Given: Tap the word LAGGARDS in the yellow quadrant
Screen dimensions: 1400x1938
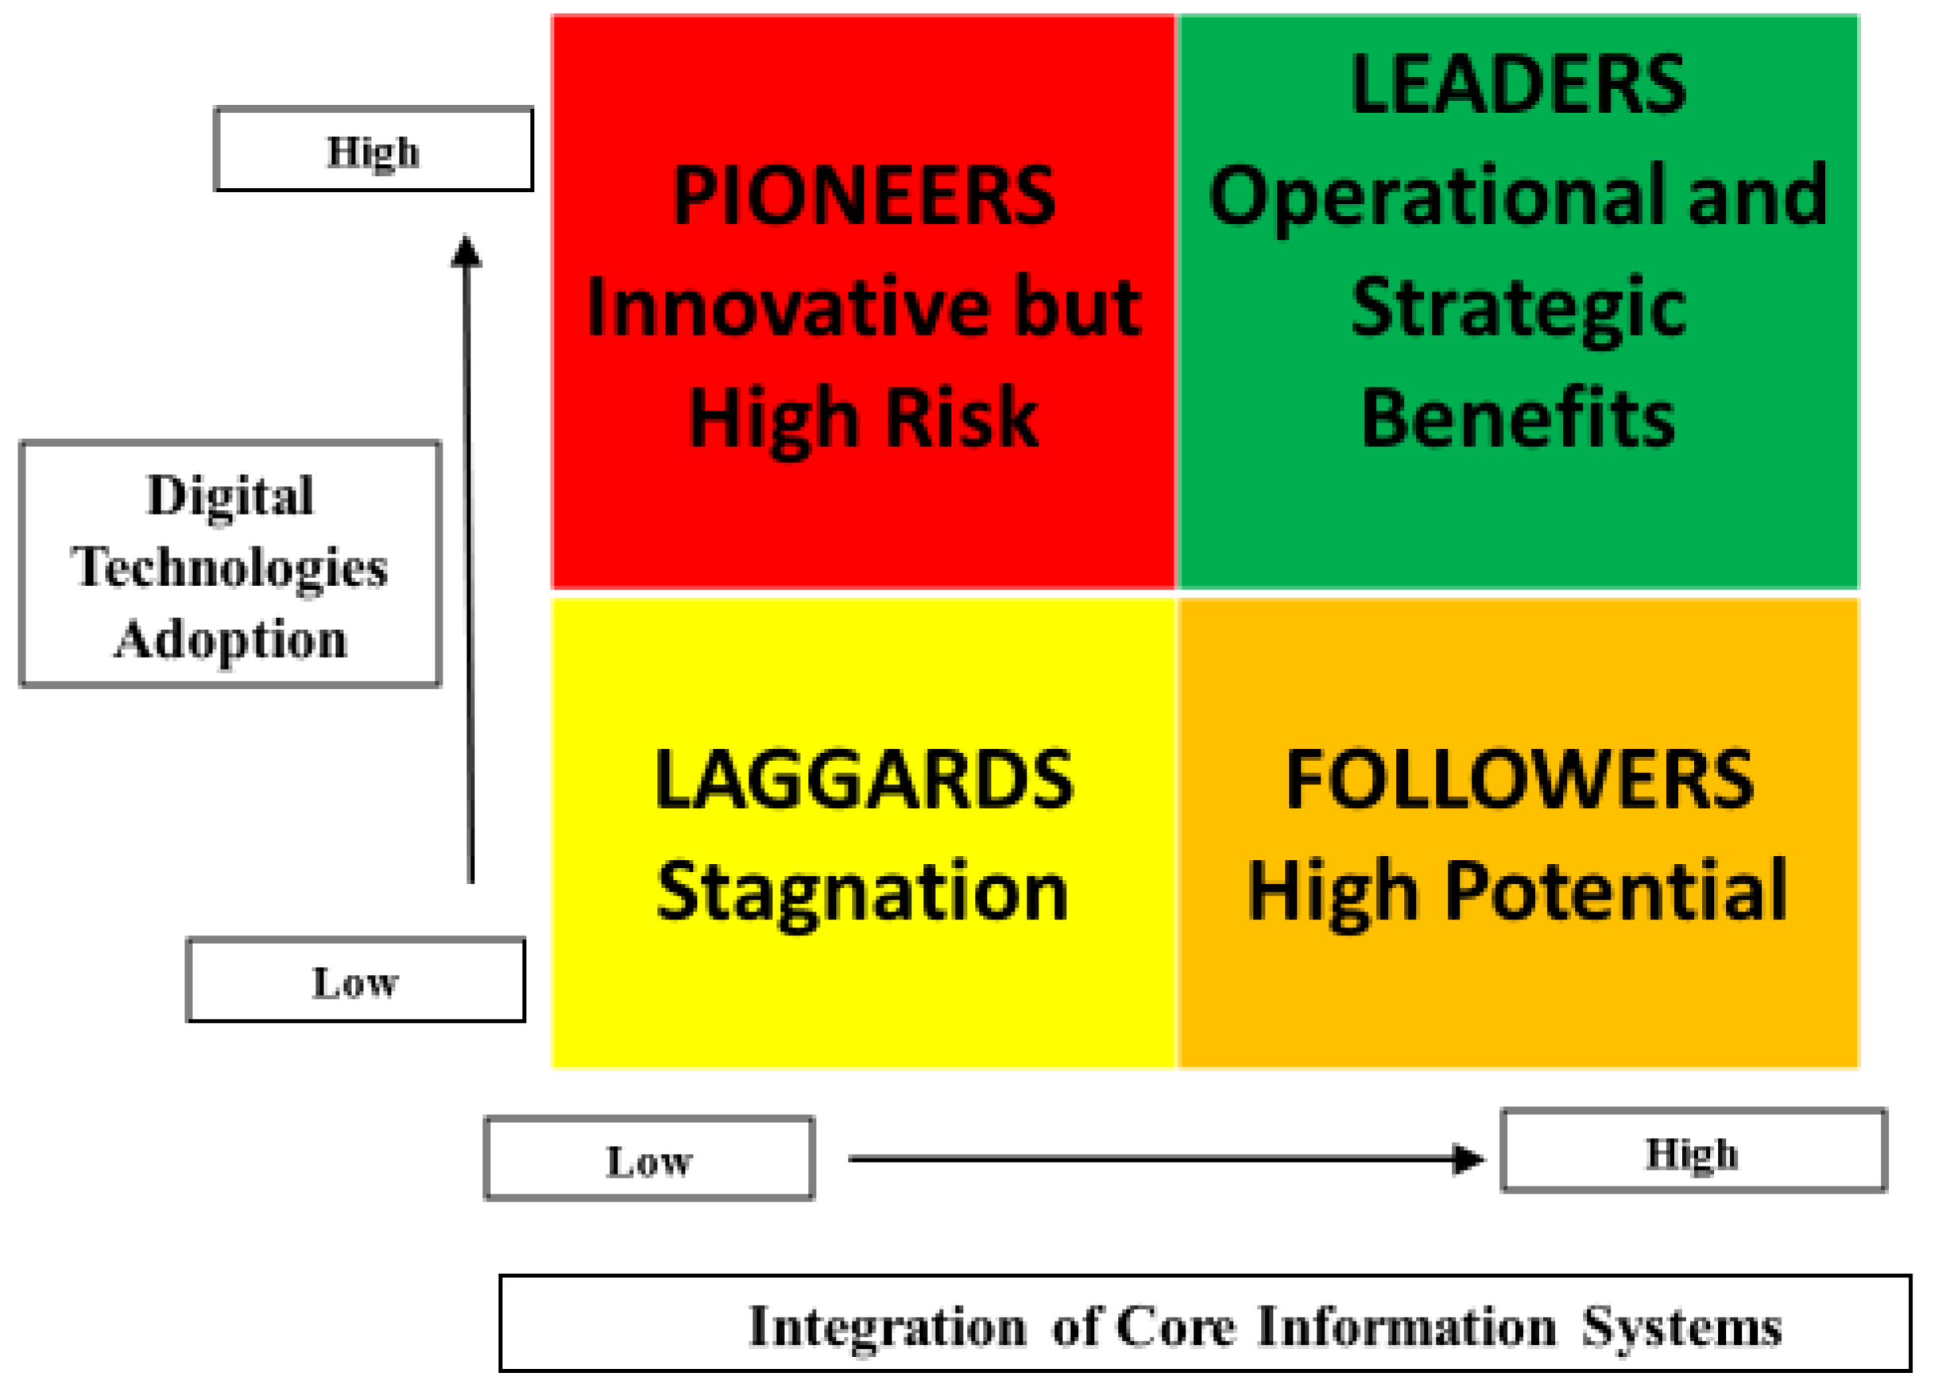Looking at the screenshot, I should click(x=863, y=780).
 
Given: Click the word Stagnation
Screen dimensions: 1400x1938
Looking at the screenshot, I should click(x=863, y=893).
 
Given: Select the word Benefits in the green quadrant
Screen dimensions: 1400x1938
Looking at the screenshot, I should click(x=1518, y=418).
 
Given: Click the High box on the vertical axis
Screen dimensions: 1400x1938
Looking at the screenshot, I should click(x=373, y=149).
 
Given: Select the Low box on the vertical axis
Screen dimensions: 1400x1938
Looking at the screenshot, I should click(x=355, y=981).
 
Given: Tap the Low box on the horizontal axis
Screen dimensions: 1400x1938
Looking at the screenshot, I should click(x=648, y=1159).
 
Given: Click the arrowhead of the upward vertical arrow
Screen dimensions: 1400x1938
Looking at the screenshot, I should click(x=466, y=251).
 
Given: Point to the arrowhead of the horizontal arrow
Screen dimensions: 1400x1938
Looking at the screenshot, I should click(x=1469, y=1159).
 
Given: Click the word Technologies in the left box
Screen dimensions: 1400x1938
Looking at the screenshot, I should click(x=229, y=567).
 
